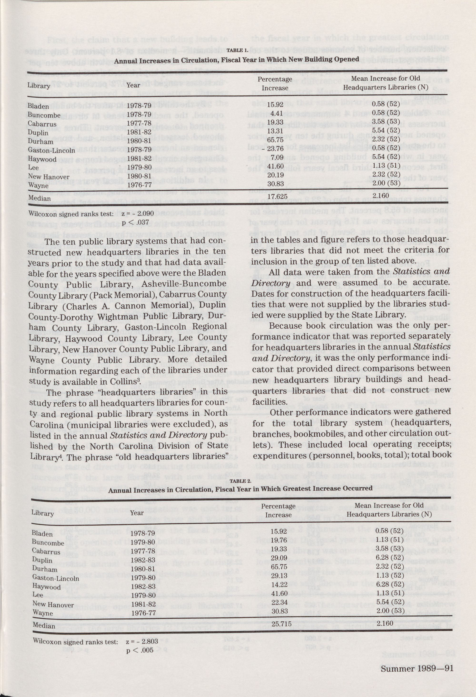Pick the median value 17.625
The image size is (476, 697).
tap(277, 196)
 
